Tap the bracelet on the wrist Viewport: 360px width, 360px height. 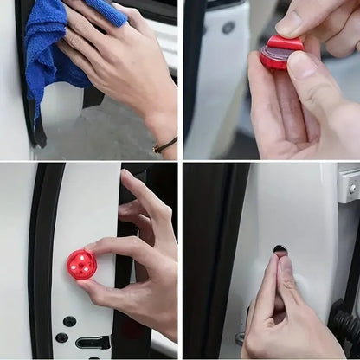pos(165,145)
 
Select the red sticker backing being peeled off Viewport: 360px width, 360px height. pos(285,43)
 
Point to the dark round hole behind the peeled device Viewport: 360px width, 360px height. pos(228,27)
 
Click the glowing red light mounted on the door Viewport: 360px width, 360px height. pos(81,264)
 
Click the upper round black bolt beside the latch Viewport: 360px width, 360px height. pos(69,321)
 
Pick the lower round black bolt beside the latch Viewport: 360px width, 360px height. pos(61,337)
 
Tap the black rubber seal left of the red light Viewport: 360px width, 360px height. pos(39,260)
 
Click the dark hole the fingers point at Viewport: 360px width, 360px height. pos(280,251)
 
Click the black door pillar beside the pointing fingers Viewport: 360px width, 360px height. pos(208,260)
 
